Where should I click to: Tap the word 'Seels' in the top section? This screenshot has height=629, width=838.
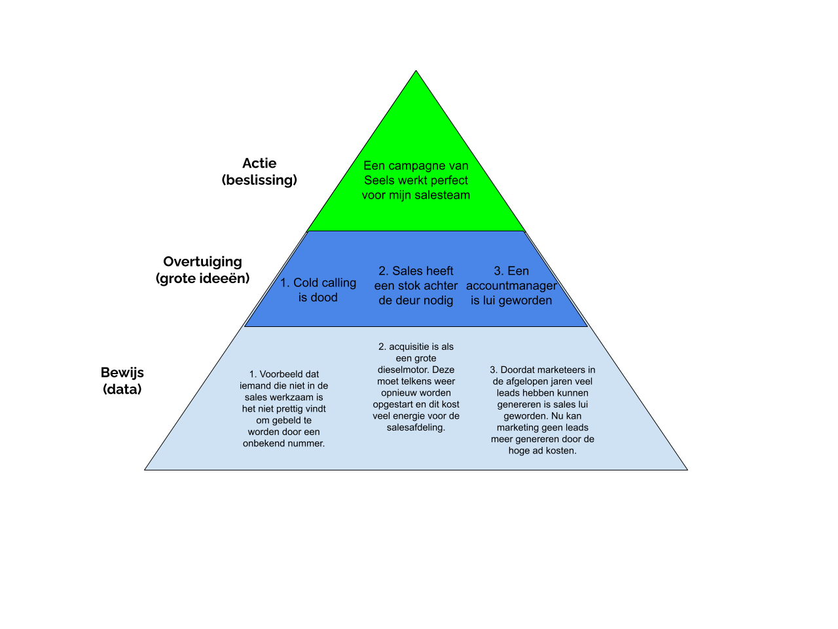[x=378, y=180]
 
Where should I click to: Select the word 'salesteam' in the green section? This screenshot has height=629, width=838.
[x=443, y=195]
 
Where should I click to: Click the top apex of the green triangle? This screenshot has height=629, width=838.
[x=416, y=73]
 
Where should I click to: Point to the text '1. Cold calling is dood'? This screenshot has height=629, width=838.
[x=318, y=290]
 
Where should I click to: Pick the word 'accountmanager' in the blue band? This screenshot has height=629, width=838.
[x=511, y=286]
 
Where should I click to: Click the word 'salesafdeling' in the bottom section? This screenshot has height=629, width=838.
[x=415, y=427]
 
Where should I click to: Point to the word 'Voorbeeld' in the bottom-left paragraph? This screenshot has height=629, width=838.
[x=281, y=374]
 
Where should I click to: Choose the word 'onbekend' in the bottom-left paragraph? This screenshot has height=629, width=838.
[x=261, y=444]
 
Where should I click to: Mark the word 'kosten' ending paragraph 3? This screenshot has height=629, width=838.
[x=560, y=451]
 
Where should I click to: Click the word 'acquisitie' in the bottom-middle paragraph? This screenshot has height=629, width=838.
[x=410, y=347]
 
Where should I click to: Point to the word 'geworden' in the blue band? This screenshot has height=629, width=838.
[x=526, y=300]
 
